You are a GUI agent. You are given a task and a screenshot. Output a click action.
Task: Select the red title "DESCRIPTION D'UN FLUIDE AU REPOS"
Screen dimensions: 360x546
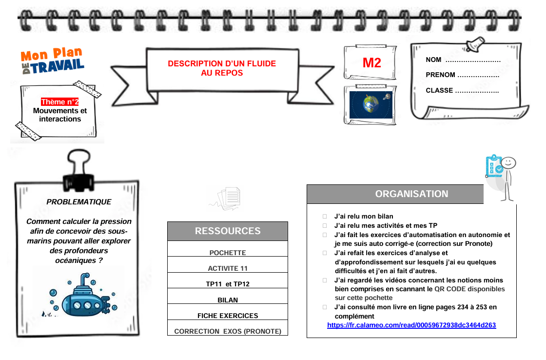pyautogui.click(x=222, y=68)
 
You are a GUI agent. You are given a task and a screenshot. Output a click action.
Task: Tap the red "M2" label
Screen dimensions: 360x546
pyautogui.click(x=371, y=63)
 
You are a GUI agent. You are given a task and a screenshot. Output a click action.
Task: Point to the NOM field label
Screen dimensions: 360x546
pyautogui.click(x=433, y=60)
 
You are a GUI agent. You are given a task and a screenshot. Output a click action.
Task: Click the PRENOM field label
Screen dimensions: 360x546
pyautogui.click(x=440, y=75)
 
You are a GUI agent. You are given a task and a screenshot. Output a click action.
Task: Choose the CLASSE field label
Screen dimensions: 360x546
pyautogui.click(x=439, y=91)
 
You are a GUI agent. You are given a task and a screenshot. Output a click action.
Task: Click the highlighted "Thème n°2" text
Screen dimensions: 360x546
pyautogui.click(x=60, y=102)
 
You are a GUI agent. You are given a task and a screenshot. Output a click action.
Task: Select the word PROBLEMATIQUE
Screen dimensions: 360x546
pyautogui.click(x=79, y=202)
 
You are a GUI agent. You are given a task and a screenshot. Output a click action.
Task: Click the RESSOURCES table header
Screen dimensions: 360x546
pyautogui.click(x=228, y=231)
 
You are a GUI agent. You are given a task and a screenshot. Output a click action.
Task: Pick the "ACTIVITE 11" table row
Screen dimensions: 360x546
pyautogui.click(x=228, y=268)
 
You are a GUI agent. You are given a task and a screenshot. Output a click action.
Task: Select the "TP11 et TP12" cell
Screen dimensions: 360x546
pyautogui.click(x=228, y=284)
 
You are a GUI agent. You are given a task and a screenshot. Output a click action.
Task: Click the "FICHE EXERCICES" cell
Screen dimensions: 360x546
pyautogui.click(x=228, y=316)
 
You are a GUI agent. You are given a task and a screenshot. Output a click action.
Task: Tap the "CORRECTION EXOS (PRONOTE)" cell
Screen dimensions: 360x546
pyautogui.click(x=228, y=331)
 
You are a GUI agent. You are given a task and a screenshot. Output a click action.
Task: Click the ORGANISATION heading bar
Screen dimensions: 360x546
pyautogui.click(x=411, y=194)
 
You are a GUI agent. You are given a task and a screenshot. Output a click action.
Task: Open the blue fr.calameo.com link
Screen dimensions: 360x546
pyautogui.click(x=411, y=325)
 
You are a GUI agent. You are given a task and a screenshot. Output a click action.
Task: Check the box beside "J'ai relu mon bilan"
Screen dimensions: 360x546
pyautogui.click(x=325, y=217)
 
